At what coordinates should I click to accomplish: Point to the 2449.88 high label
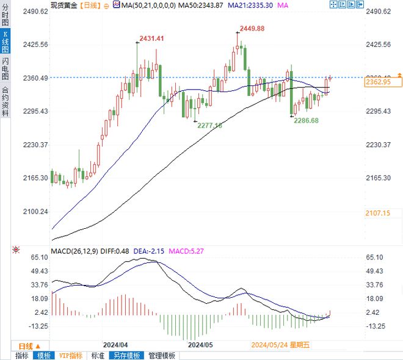coord(252,28)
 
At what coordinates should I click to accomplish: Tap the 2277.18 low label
coord(209,124)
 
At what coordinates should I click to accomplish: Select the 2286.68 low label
coord(307,121)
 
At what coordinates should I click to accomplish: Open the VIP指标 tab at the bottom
coord(70,356)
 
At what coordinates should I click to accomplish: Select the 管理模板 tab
coord(162,356)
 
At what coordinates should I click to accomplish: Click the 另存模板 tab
coord(126,356)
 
